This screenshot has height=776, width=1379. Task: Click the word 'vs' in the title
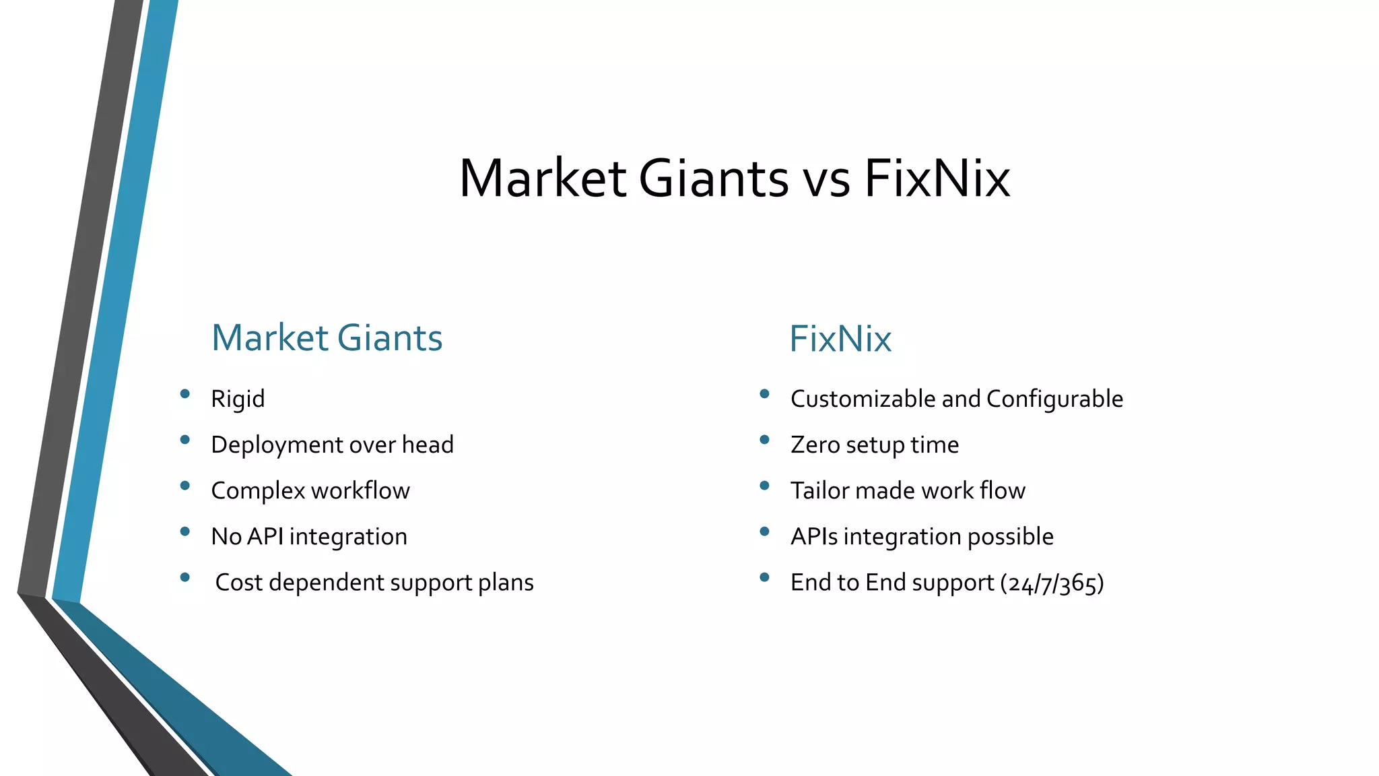pos(826,179)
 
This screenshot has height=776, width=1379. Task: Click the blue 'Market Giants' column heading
pos(327,338)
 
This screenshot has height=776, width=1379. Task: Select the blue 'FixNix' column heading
pos(840,339)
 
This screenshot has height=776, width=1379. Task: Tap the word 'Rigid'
pos(238,399)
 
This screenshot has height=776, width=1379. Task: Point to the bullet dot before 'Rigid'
pos(185,394)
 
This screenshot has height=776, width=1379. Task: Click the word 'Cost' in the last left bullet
pos(238,583)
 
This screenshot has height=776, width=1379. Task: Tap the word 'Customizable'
pos(863,399)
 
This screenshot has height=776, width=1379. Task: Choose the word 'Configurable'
pos(1054,399)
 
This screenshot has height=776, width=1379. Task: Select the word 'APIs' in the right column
pos(814,537)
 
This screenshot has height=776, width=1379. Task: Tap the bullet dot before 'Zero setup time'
pos(764,440)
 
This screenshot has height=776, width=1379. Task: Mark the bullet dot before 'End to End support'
pos(764,577)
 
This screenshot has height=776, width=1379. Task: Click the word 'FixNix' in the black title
pos(937,179)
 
